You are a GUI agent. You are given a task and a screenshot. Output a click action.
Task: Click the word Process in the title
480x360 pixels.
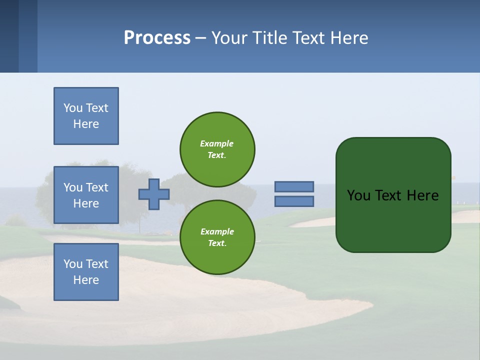click(157, 38)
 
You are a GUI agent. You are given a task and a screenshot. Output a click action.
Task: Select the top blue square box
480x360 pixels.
click(86, 116)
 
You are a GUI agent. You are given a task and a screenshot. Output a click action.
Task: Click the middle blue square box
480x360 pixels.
click(86, 195)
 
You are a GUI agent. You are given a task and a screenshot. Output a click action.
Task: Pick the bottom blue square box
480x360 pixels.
click(86, 272)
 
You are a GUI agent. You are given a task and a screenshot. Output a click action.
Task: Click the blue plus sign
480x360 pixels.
click(154, 194)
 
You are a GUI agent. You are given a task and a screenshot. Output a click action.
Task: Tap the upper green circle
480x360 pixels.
click(217, 149)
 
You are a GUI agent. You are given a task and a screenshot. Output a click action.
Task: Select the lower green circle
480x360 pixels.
click(217, 237)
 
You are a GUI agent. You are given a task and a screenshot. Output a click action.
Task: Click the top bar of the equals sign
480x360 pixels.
click(294, 186)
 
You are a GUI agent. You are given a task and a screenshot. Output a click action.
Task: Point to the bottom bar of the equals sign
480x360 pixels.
click(294, 201)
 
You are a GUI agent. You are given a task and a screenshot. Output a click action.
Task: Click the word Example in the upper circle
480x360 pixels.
click(217, 143)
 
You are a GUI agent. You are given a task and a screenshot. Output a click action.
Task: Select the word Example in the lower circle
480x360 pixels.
click(217, 231)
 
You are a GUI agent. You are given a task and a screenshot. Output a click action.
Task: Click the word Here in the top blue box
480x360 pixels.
click(86, 124)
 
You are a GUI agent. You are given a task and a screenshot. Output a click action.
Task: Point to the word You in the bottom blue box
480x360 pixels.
click(73, 264)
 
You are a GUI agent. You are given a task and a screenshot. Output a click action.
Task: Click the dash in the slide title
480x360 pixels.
click(200, 38)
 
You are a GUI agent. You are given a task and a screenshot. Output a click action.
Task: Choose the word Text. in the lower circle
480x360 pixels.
click(217, 243)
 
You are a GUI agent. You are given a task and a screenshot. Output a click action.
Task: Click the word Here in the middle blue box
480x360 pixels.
click(86, 203)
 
